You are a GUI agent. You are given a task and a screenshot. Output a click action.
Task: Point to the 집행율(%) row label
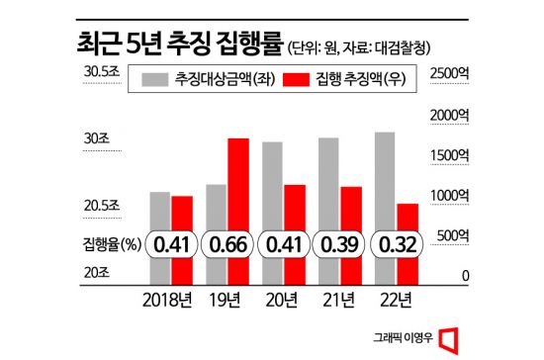click(110, 241)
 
